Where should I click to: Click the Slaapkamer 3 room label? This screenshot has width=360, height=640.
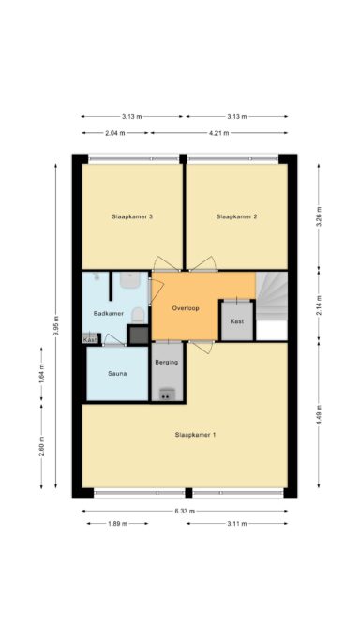[132, 216]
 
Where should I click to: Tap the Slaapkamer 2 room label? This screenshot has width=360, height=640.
[237, 216]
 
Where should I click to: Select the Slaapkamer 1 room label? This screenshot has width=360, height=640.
[196, 435]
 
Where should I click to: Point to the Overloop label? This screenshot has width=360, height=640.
[186, 308]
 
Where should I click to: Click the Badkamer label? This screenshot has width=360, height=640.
[108, 314]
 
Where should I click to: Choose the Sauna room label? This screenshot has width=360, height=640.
[117, 373]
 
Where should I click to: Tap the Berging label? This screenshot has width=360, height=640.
[167, 362]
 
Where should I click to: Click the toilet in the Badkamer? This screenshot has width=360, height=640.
[138, 316]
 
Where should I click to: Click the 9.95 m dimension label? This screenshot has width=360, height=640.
[56, 326]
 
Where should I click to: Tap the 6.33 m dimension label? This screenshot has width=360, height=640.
[186, 511]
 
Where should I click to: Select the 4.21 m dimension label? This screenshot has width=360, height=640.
[219, 133]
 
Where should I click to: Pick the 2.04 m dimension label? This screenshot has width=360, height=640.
[116, 133]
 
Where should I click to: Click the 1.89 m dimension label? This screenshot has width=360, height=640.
[117, 523]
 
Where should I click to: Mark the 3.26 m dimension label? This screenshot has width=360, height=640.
[319, 216]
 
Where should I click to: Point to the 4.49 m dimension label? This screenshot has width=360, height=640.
[319, 415]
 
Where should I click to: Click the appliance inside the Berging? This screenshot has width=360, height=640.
[167, 394]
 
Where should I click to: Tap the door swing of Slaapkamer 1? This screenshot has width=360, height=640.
[202, 347]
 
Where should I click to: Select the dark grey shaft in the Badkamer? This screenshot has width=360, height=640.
[138, 335]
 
